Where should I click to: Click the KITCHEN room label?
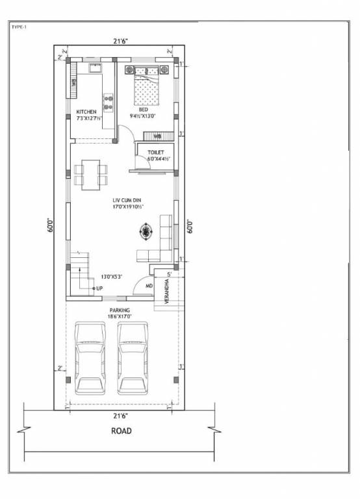86,112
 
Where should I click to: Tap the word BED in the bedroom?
143,110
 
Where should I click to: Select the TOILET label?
155,152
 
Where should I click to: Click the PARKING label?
120,311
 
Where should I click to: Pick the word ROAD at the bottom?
120,431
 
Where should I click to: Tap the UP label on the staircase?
99,288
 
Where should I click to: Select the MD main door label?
149,285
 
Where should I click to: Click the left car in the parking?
90,358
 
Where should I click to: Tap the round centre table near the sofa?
147,230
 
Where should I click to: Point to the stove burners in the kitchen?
108,102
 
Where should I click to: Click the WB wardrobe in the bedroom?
157,136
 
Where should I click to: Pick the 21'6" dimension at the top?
120,42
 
